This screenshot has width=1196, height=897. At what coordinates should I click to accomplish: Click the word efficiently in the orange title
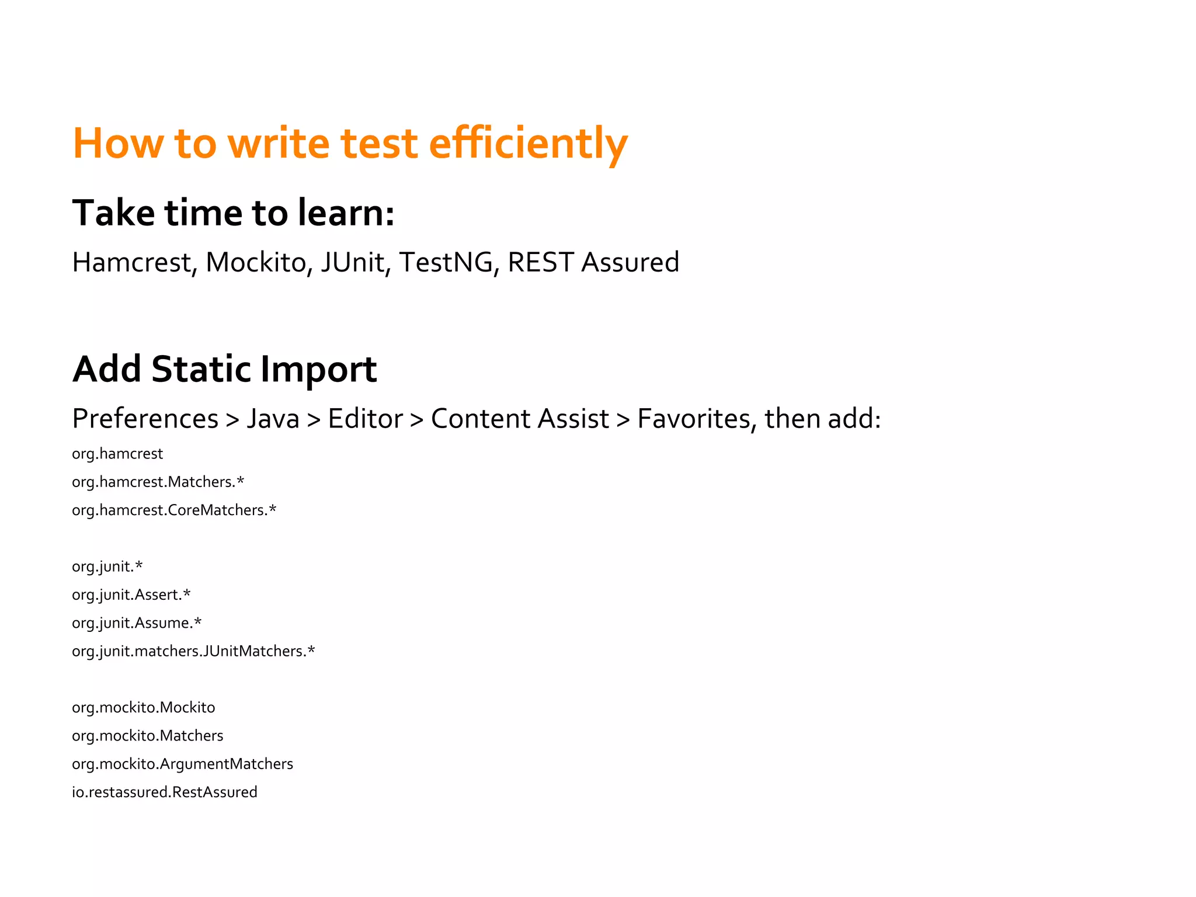pos(528,144)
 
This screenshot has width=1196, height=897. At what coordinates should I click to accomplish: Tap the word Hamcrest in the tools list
pos(134,262)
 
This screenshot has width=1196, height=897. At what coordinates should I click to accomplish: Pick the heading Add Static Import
pos(224,369)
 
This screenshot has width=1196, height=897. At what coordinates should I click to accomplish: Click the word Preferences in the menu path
pos(145,419)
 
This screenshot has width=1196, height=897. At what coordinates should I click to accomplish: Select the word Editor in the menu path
pos(365,419)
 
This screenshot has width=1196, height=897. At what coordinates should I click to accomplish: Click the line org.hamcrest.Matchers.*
pos(158,482)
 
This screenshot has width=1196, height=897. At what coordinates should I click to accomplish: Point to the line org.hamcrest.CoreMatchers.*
pos(174,510)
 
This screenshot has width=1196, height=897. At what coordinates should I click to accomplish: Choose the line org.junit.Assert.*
pos(131,595)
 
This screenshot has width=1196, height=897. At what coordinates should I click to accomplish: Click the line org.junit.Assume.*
pos(137,623)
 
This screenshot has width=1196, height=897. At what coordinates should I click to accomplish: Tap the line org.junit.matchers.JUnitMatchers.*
pos(193,651)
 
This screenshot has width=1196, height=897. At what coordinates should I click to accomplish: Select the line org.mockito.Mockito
pos(143,708)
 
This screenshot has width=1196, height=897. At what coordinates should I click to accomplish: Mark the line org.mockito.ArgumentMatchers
pos(182,764)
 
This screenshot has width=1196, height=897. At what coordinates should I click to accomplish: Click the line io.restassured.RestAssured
pos(164,792)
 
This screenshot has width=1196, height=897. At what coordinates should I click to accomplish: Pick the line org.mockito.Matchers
pos(147,736)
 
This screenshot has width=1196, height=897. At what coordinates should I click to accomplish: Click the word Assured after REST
pos(630,262)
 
